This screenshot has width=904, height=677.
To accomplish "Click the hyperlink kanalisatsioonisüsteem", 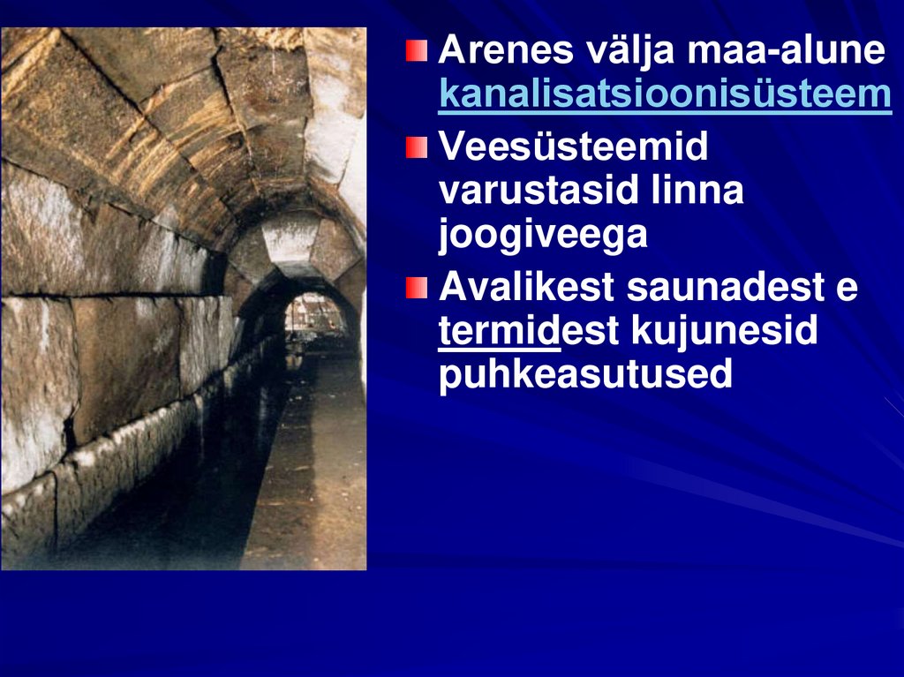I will pos(664,95).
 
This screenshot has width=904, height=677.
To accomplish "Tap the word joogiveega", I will pos(542,235).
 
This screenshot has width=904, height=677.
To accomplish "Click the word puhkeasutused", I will pos(585,375).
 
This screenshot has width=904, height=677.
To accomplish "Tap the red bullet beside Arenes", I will pos(416,49).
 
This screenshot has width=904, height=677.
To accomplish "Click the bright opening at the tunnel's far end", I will pos(316,314).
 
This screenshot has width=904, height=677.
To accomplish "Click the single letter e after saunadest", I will pos(847,289).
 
